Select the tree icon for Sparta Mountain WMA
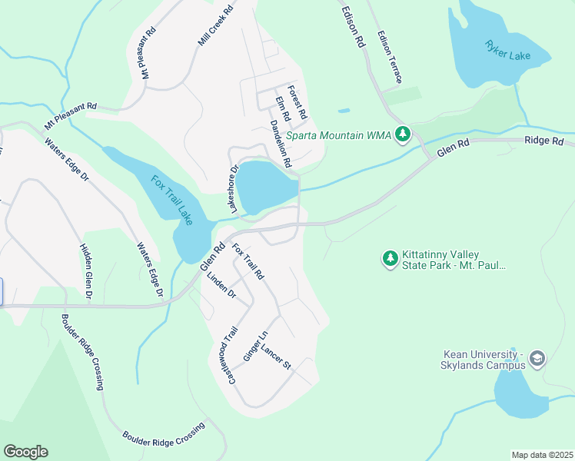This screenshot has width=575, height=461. click(x=402, y=135)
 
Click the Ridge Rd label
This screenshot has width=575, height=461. click(x=544, y=141)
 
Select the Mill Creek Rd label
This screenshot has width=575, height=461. click(x=215, y=28)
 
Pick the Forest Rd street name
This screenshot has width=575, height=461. click(x=297, y=101)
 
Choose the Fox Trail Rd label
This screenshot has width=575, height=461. click(x=248, y=261)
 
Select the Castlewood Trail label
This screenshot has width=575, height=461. click(x=228, y=355)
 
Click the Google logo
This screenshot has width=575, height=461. click(x=25, y=452)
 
